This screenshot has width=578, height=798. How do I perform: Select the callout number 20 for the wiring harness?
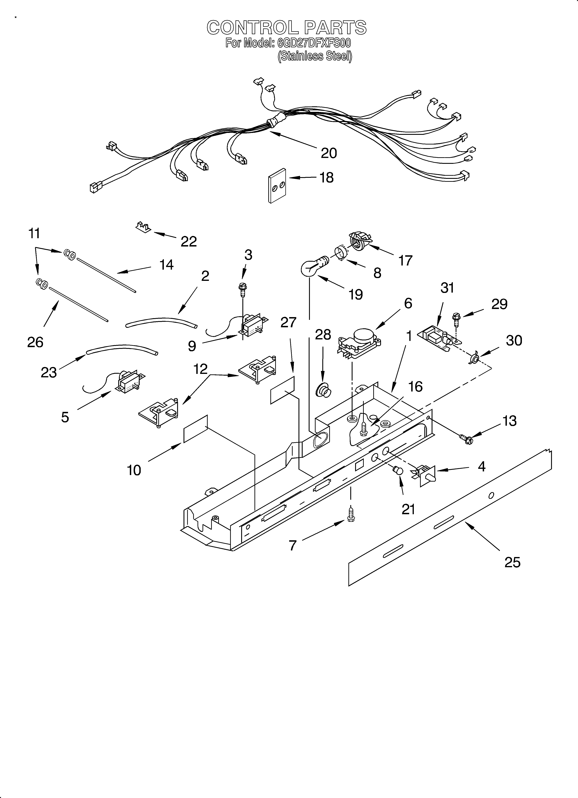pos(329,153)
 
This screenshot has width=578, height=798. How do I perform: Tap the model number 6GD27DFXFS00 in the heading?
pos(314,43)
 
